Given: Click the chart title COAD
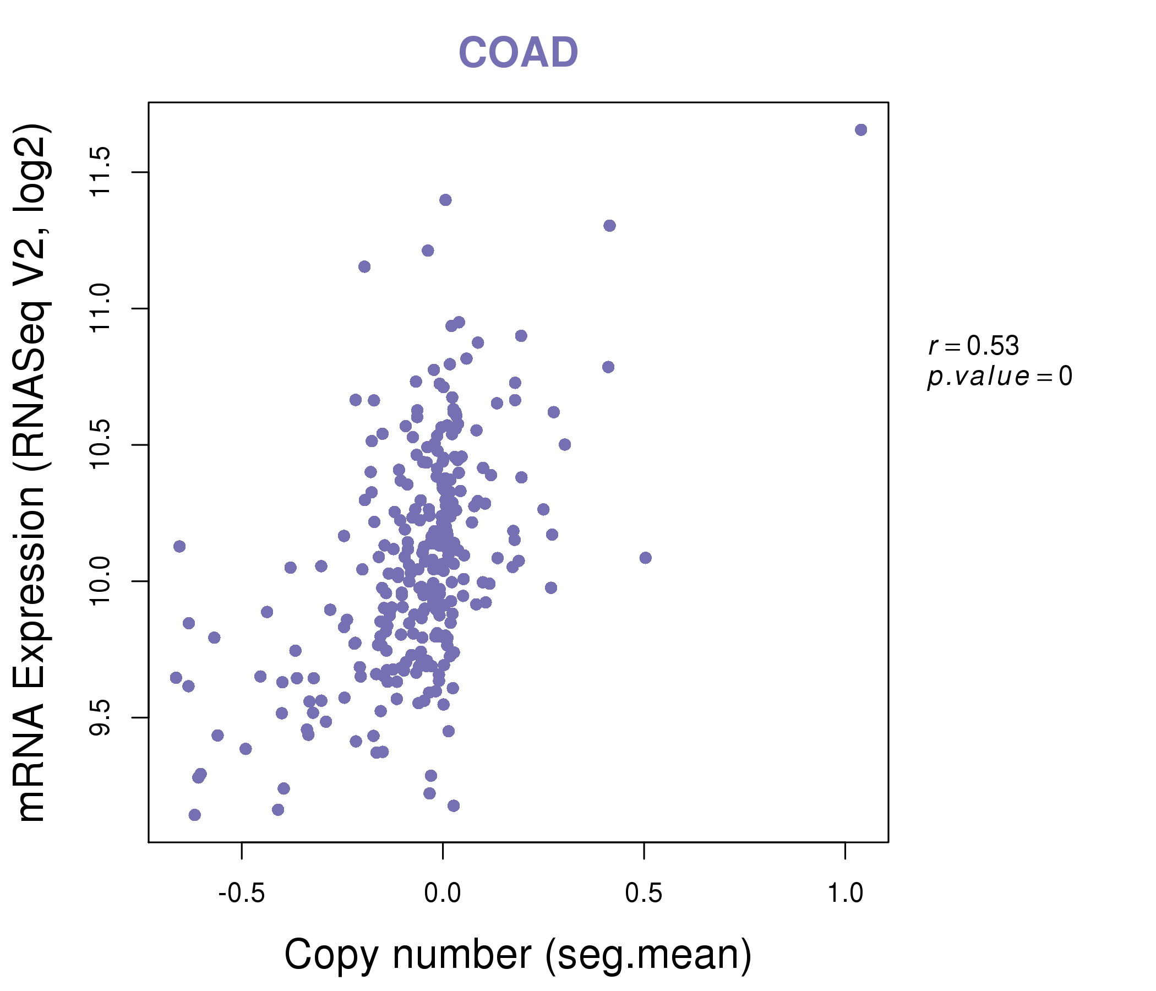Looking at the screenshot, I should pyautogui.click(x=518, y=52).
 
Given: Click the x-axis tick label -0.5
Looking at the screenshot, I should pyautogui.click(x=241, y=894).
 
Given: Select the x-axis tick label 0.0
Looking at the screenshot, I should pyautogui.click(x=443, y=894).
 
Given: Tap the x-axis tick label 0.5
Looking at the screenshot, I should pyautogui.click(x=644, y=894).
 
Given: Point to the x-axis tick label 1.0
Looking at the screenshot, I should pyautogui.click(x=845, y=894).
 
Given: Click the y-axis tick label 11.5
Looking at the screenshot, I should pyautogui.click(x=101, y=172).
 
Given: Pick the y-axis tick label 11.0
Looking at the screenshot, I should pyautogui.click(x=101, y=308).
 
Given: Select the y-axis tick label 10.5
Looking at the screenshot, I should pyautogui.click(x=101, y=445).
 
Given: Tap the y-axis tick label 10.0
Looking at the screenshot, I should pyautogui.click(x=101, y=581).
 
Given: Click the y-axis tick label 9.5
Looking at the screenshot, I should pyautogui.click(x=101, y=717).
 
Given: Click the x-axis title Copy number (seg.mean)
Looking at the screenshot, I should pyautogui.click(x=518, y=955).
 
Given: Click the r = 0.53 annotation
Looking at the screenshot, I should pyautogui.click(x=974, y=346).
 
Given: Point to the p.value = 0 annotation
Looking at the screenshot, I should pyautogui.click(x=999, y=377).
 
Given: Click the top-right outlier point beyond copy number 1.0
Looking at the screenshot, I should pyautogui.click(x=861, y=130).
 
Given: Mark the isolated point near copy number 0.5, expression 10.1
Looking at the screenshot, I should pyautogui.click(x=646, y=558).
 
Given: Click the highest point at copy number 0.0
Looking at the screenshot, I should pyautogui.click(x=445, y=200).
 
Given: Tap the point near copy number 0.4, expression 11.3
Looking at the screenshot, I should pyautogui.click(x=609, y=225).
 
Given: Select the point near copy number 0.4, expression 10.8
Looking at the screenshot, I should pyautogui.click(x=608, y=367).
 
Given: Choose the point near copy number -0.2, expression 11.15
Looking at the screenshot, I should pyautogui.click(x=364, y=266).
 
